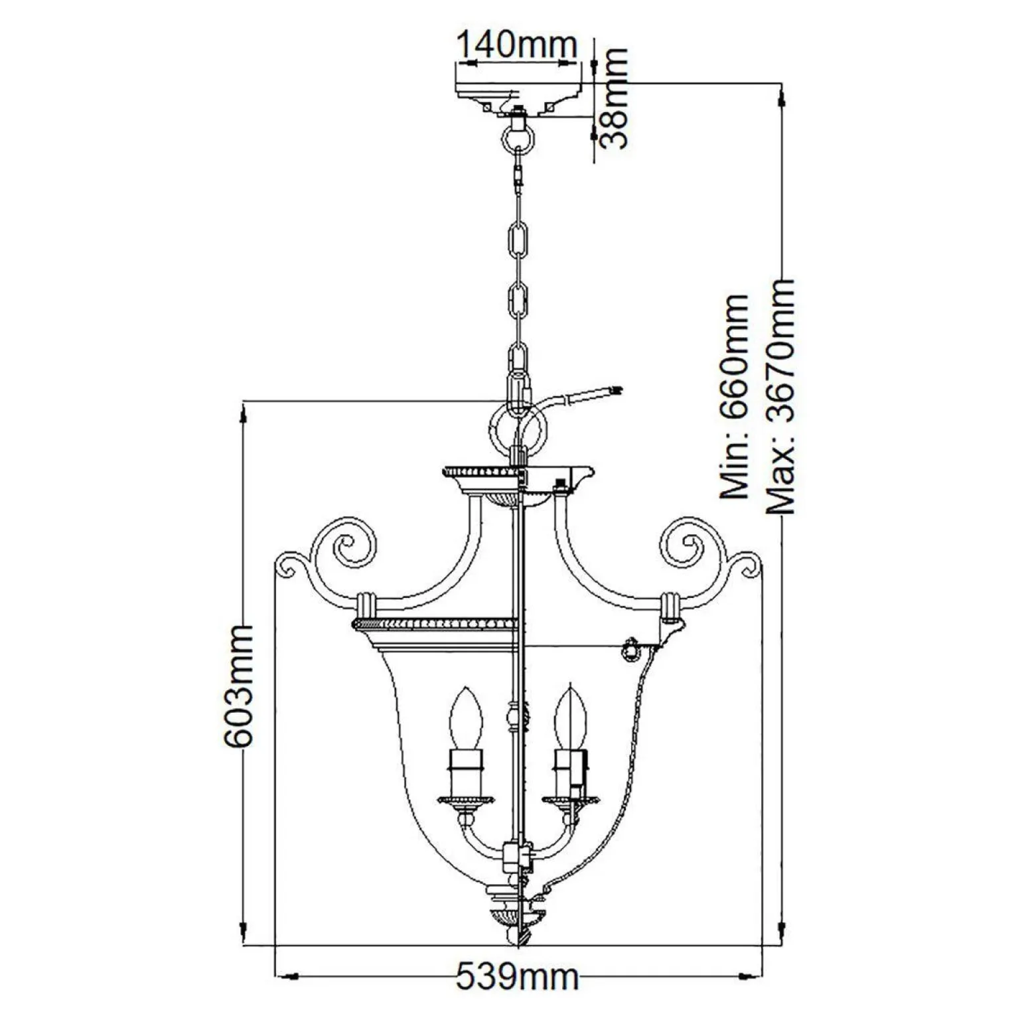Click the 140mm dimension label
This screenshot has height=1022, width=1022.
coord(516,44)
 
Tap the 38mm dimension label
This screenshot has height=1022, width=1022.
coord(611,100)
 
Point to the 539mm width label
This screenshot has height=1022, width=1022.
coord(517,978)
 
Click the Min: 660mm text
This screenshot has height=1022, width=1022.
coord(735,397)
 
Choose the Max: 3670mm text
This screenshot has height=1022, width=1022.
coord(780,397)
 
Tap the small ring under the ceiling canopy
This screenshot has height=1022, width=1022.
coord(517,138)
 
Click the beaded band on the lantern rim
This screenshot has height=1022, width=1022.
coord(435,624)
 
